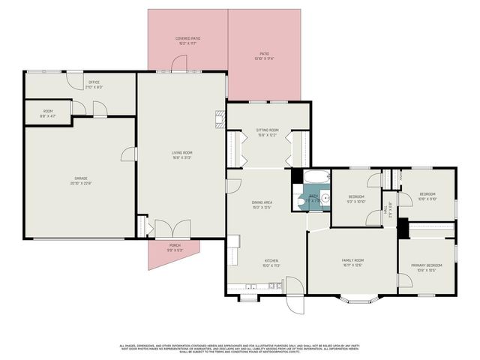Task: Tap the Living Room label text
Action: (x=182, y=154)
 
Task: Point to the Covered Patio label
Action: (x=187, y=40)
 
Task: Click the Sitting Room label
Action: (x=268, y=132)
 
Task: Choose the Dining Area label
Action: (x=261, y=205)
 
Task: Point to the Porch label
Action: (x=174, y=247)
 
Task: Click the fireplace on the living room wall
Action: (x=220, y=119)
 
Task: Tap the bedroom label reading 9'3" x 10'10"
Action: (x=355, y=199)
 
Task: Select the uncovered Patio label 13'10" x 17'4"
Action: (x=264, y=55)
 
